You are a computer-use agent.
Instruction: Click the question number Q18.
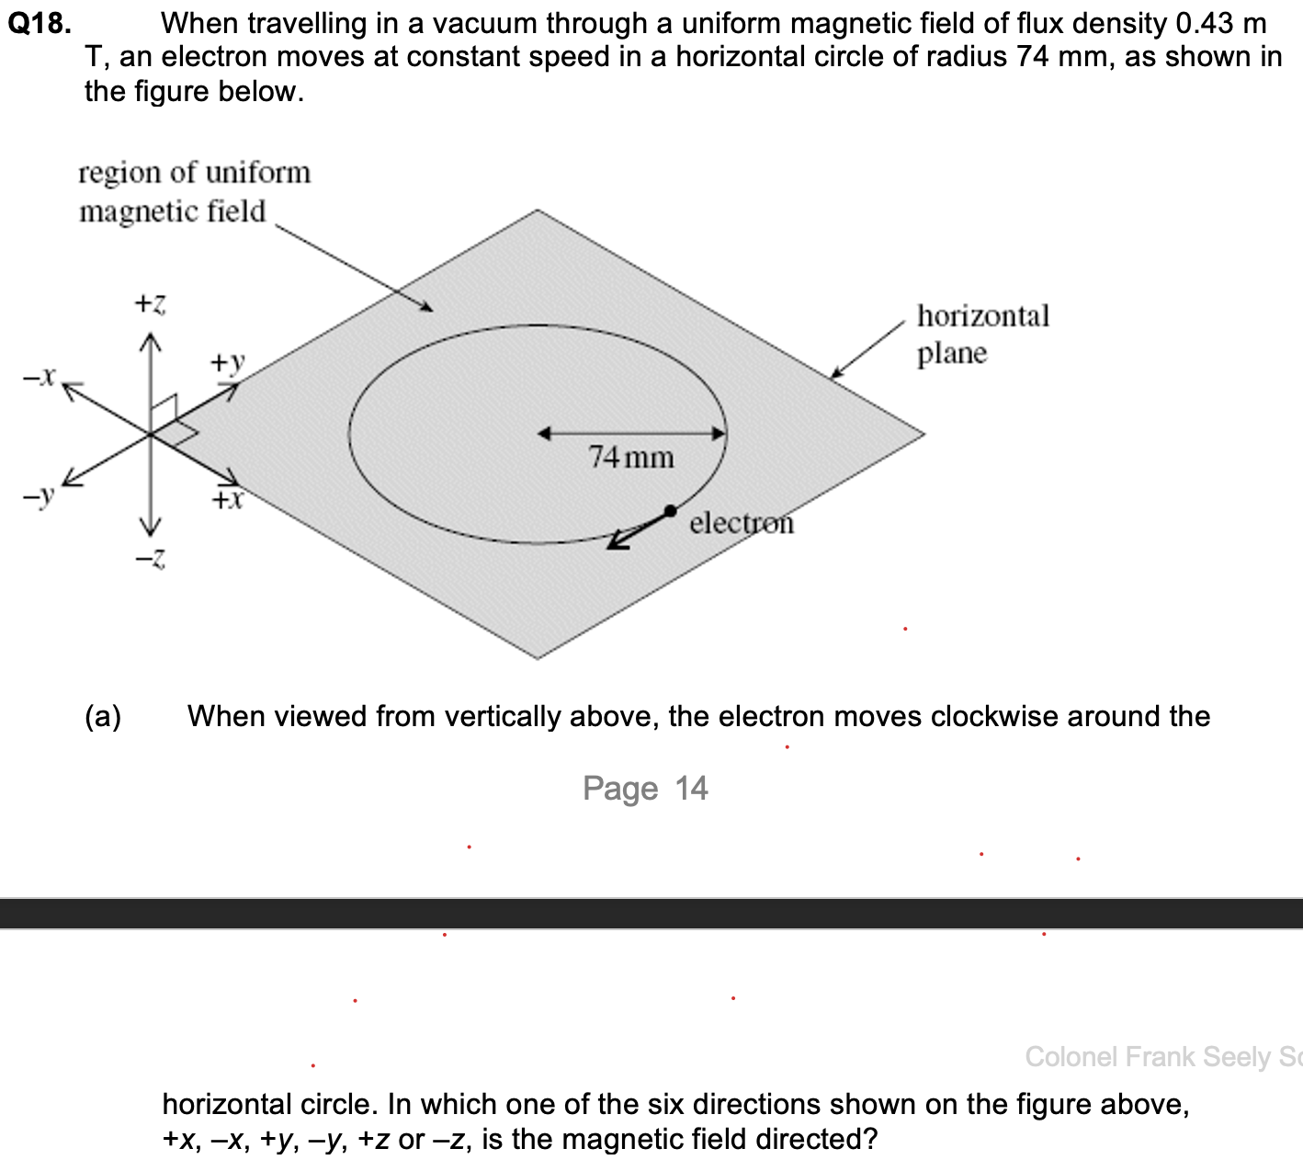[40, 23]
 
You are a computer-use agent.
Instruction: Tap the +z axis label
[150, 302]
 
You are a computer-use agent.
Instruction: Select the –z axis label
[150, 558]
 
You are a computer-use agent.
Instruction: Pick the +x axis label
[227, 499]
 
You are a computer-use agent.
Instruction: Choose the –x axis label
[40, 375]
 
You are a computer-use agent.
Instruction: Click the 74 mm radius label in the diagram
[631, 457]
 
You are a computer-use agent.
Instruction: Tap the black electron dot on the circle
[670, 510]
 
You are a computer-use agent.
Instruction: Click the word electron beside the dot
[742, 522]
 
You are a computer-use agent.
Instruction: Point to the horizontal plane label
[982, 334]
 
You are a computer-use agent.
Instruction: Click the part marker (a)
[103, 716]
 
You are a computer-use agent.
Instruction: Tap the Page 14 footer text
[645, 789]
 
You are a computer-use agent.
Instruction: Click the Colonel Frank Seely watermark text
[1162, 1057]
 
